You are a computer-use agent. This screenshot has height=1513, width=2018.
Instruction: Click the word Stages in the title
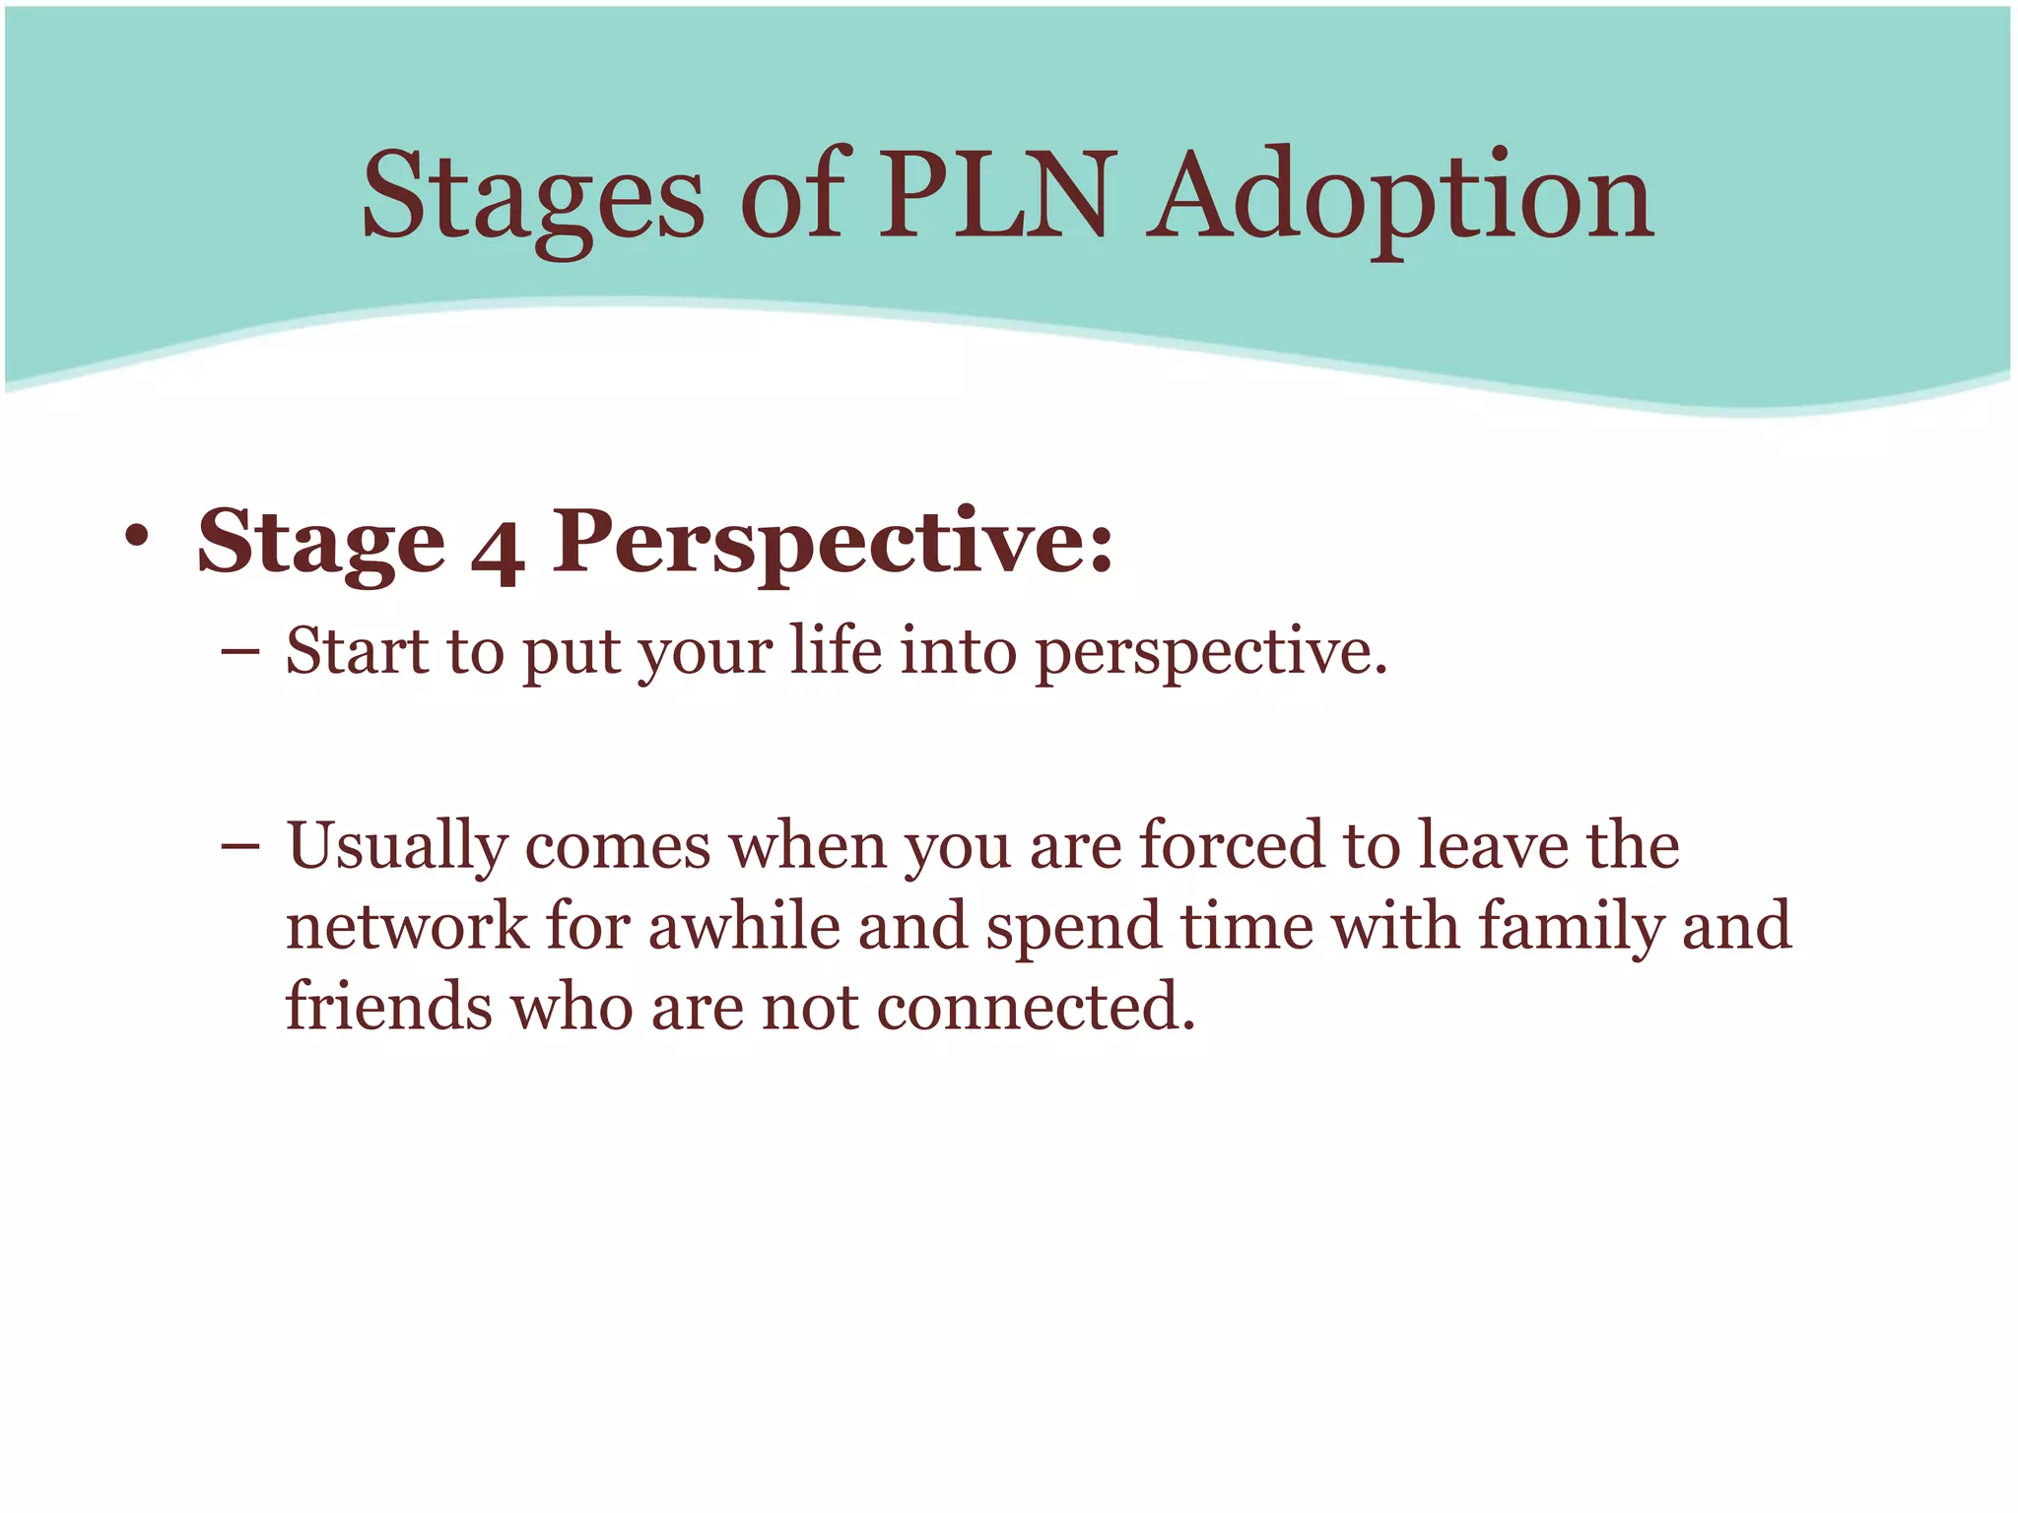pos(533,197)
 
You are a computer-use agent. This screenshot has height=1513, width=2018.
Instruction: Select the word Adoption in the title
pos(1399,197)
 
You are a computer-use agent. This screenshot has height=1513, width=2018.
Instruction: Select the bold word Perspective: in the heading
pos(833,542)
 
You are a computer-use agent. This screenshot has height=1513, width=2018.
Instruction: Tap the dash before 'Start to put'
pos(240,652)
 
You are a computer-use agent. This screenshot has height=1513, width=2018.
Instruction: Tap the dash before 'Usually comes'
pos(240,846)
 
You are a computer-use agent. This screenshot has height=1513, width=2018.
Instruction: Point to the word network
pos(407,927)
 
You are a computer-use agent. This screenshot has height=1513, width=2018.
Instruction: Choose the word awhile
pos(744,927)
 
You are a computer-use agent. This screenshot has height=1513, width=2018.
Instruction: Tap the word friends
pos(389,1007)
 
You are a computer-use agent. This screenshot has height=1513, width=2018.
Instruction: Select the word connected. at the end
pos(1036,1008)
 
